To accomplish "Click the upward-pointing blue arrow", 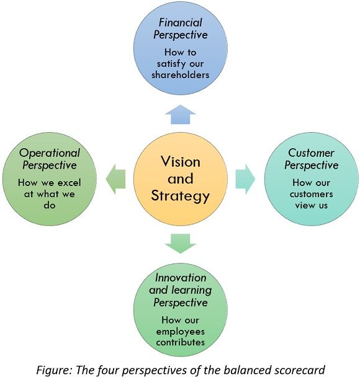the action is (x=180, y=115).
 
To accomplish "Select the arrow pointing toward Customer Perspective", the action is (x=245, y=179).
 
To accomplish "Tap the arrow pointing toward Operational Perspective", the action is (x=115, y=179).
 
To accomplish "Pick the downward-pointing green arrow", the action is (x=180, y=244).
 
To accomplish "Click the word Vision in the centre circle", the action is (x=181, y=162).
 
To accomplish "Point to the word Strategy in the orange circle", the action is (x=180, y=196).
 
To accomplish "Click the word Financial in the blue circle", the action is (x=180, y=23).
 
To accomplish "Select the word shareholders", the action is (x=180, y=75).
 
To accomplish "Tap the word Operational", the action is (x=49, y=154).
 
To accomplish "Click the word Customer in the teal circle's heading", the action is (x=311, y=153).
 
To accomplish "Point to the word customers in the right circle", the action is (x=312, y=194).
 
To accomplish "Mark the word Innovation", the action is (x=181, y=278).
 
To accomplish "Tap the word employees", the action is (x=180, y=332).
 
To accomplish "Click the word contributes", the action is (x=180, y=342).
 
